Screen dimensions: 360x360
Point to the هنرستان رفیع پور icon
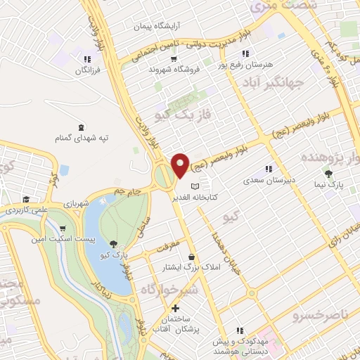click(x=245, y=53)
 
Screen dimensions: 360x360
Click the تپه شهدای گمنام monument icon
click(x=82, y=127)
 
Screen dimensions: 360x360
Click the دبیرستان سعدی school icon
click(x=267, y=169)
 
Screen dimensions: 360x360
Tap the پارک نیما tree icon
click(x=328, y=173)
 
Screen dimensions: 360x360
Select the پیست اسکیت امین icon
click(x=63, y=229)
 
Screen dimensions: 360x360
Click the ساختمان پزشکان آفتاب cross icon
click(x=176, y=309)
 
